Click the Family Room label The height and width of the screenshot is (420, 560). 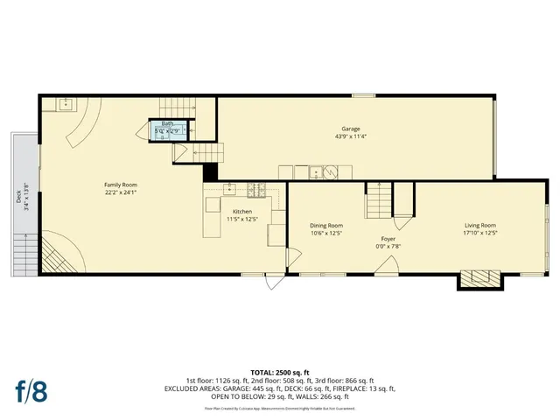(121, 184)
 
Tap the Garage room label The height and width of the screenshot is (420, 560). (351, 129)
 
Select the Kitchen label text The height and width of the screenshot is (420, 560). (242, 212)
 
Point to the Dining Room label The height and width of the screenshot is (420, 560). (326, 225)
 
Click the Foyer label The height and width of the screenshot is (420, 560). (388, 239)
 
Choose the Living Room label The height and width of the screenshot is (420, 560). (480, 225)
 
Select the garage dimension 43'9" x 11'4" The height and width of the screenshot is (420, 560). (351, 136)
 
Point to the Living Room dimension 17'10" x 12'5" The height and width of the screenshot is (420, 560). (480, 233)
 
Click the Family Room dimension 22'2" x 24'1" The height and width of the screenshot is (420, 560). (121, 192)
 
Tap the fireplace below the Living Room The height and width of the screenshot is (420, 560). (480, 279)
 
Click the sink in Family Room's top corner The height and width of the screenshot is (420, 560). (65, 106)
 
